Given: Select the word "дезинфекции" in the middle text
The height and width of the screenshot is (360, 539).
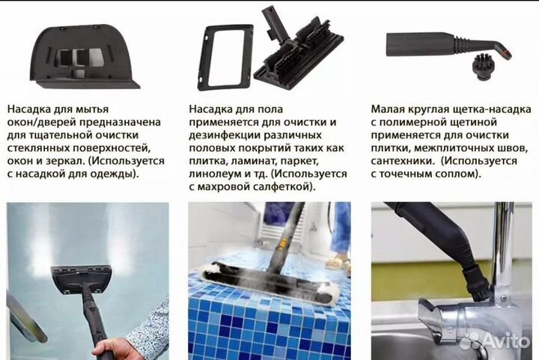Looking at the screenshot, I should click(x=225, y=135).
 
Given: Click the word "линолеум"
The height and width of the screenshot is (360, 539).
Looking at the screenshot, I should click(x=218, y=174).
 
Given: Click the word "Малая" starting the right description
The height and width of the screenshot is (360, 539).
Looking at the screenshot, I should click(x=389, y=109).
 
